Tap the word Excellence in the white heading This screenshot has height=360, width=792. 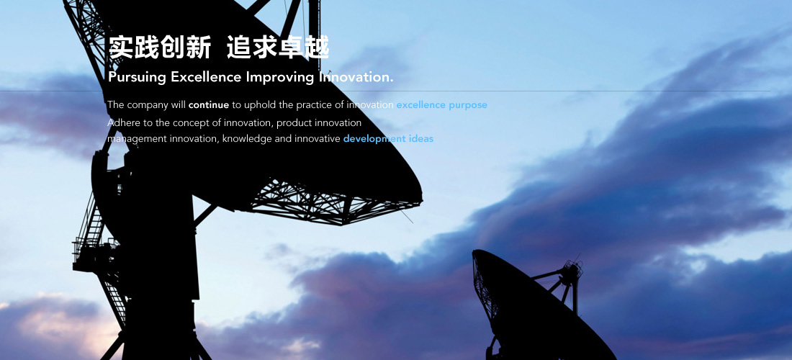207,77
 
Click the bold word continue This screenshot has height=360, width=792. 209,105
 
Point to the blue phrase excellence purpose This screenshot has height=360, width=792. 442,106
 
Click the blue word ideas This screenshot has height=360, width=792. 420,138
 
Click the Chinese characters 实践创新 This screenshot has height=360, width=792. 160,48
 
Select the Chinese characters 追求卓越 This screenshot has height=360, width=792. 278,48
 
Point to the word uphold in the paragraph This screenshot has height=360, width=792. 261,106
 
